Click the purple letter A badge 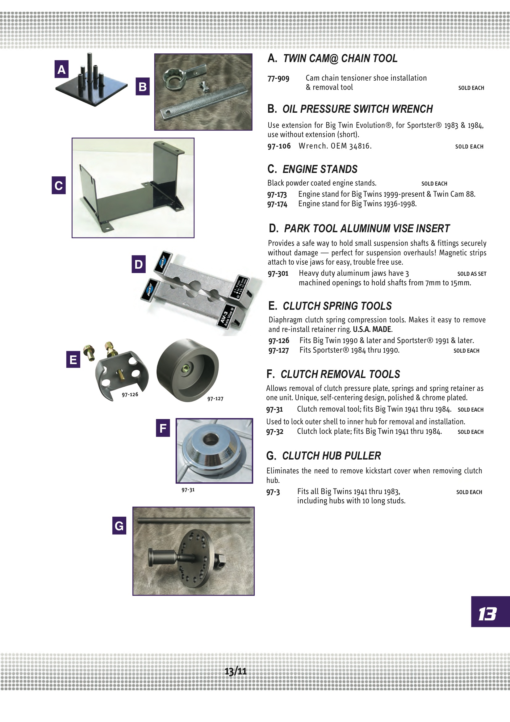(61, 69)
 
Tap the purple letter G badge (119, 526)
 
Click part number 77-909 (278, 78)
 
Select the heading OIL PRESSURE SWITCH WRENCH (357, 109)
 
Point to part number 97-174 (277, 204)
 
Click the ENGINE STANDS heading (320, 169)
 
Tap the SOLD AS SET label (471, 274)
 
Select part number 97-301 (278, 273)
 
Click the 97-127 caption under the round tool (215, 399)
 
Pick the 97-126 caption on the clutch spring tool (130, 394)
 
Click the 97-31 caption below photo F (188, 489)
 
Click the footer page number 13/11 (236, 671)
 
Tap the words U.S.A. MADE (372, 329)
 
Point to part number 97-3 (273, 492)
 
